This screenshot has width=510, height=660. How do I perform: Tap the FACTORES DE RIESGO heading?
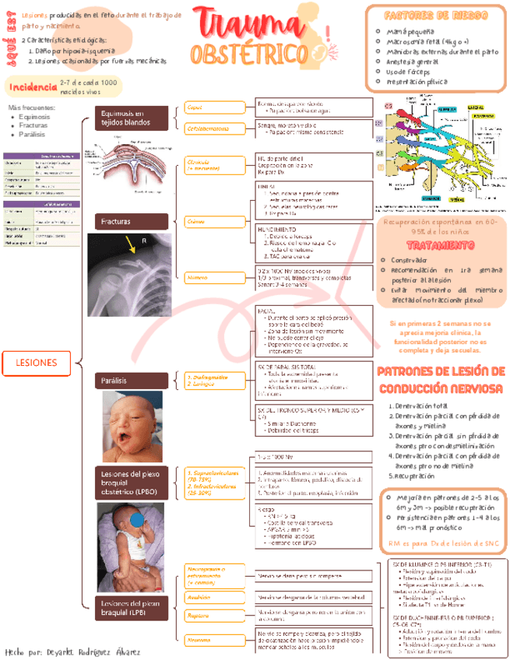coord(437,16)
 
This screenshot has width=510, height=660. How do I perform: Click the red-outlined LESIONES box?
coord(37,363)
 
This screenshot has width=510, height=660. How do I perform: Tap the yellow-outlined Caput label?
coord(195,107)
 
